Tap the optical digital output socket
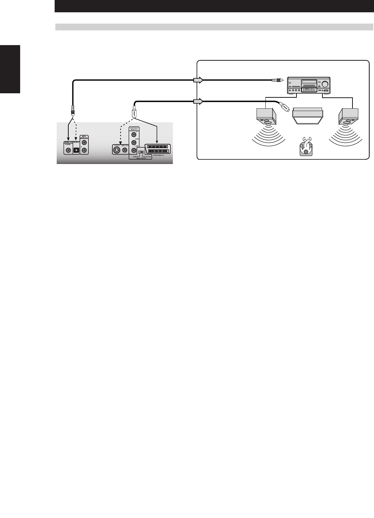coord(76,150)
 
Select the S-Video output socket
coord(117,150)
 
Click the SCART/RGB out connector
coord(157,149)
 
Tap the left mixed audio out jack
coord(84,143)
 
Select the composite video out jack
coord(125,150)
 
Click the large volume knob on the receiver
coord(325,84)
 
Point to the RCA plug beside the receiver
coord(277,80)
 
